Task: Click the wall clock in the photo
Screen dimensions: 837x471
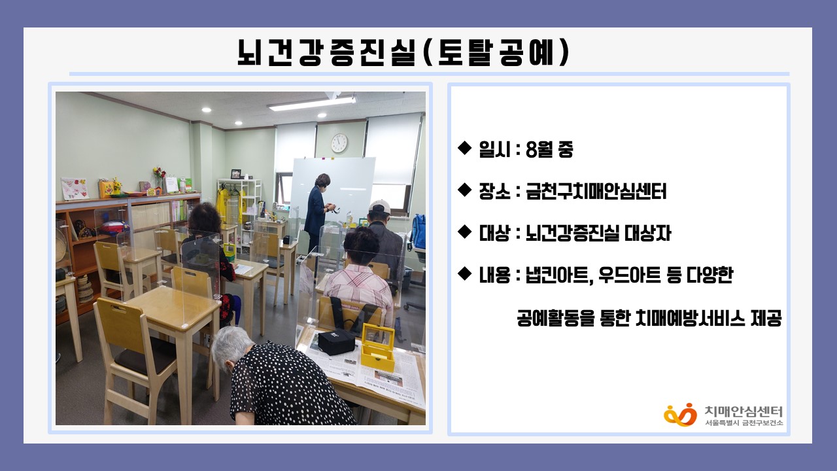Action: tap(339, 143)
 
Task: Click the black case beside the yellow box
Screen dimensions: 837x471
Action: tap(336, 341)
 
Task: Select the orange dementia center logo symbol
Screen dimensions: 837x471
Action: tap(680, 414)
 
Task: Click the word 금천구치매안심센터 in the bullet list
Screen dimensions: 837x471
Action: tap(596, 192)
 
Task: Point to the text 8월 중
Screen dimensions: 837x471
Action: tap(549, 150)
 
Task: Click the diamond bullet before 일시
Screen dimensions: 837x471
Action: tap(464, 148)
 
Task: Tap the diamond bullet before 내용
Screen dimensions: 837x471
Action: tap(464, 273)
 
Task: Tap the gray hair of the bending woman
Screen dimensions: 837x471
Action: tap(232, 345)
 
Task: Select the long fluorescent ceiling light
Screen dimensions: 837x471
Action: tap(311, 103)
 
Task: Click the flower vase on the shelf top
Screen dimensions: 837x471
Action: tap(159, 179)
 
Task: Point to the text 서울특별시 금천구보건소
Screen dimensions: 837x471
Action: tap(743, 423)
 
